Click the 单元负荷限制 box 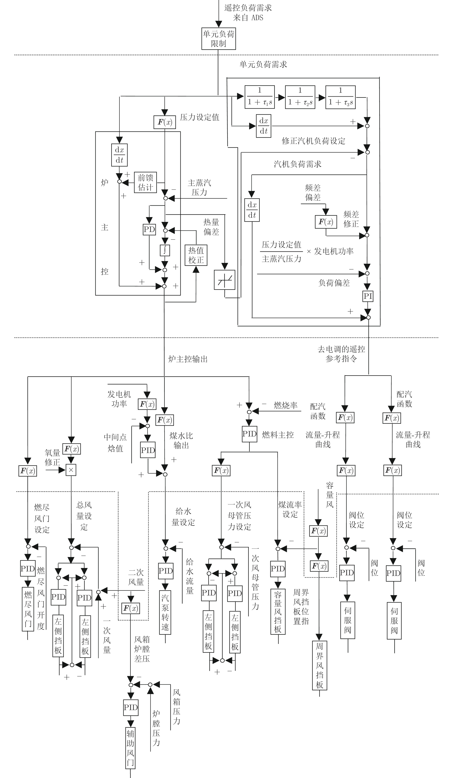[219, 39]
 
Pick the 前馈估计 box [145, 182]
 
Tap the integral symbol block [165, 250]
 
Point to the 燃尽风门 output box [28, 609]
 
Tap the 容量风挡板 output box [278, 612]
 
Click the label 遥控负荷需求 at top [248, 8]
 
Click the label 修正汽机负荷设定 [314, 141]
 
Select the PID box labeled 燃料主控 [250, 434]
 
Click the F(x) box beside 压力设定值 [165, 122]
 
